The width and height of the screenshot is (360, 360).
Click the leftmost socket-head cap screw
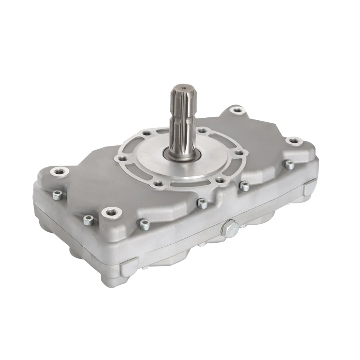coord(57,195)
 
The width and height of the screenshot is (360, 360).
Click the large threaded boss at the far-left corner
coord(57,171)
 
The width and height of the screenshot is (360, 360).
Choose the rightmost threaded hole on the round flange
coord(238,153)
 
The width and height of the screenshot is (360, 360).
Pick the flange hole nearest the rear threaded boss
coord(203,130)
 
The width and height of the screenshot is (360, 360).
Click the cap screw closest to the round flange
coord(244,186)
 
